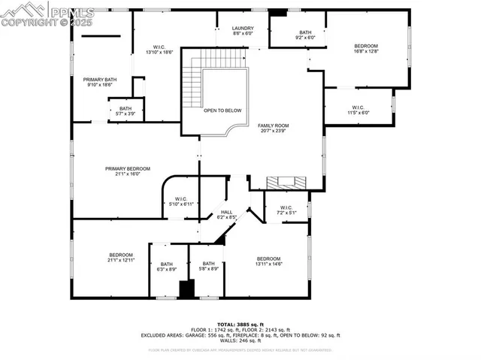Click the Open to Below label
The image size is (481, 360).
click(223, 110)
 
